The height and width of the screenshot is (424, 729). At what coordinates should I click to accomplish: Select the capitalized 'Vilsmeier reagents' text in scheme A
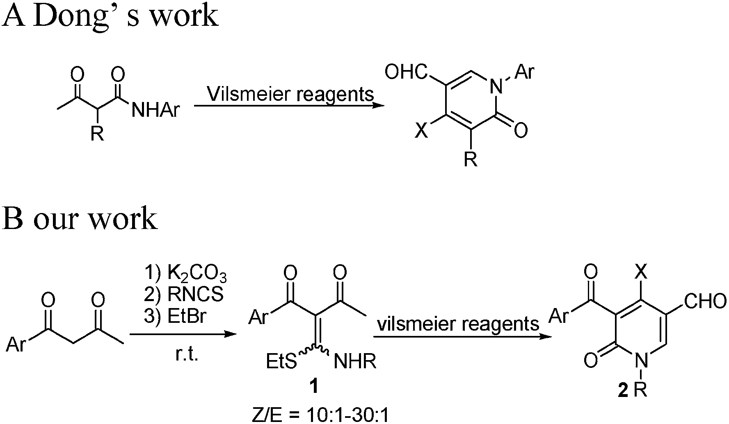tap(290, 94)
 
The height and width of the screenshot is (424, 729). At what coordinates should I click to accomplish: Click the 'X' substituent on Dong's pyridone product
tap(420, 132)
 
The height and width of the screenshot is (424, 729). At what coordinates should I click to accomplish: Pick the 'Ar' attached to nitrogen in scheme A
tap(525, 73)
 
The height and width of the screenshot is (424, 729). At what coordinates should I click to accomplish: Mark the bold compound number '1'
tap(314, 386)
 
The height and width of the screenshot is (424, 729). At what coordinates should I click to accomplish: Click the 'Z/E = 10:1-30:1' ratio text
tap(320, 415)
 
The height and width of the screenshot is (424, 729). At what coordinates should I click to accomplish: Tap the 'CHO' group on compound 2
tap(705, 302)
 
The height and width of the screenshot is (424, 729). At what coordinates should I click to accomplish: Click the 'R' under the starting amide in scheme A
tap(97, 133)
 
